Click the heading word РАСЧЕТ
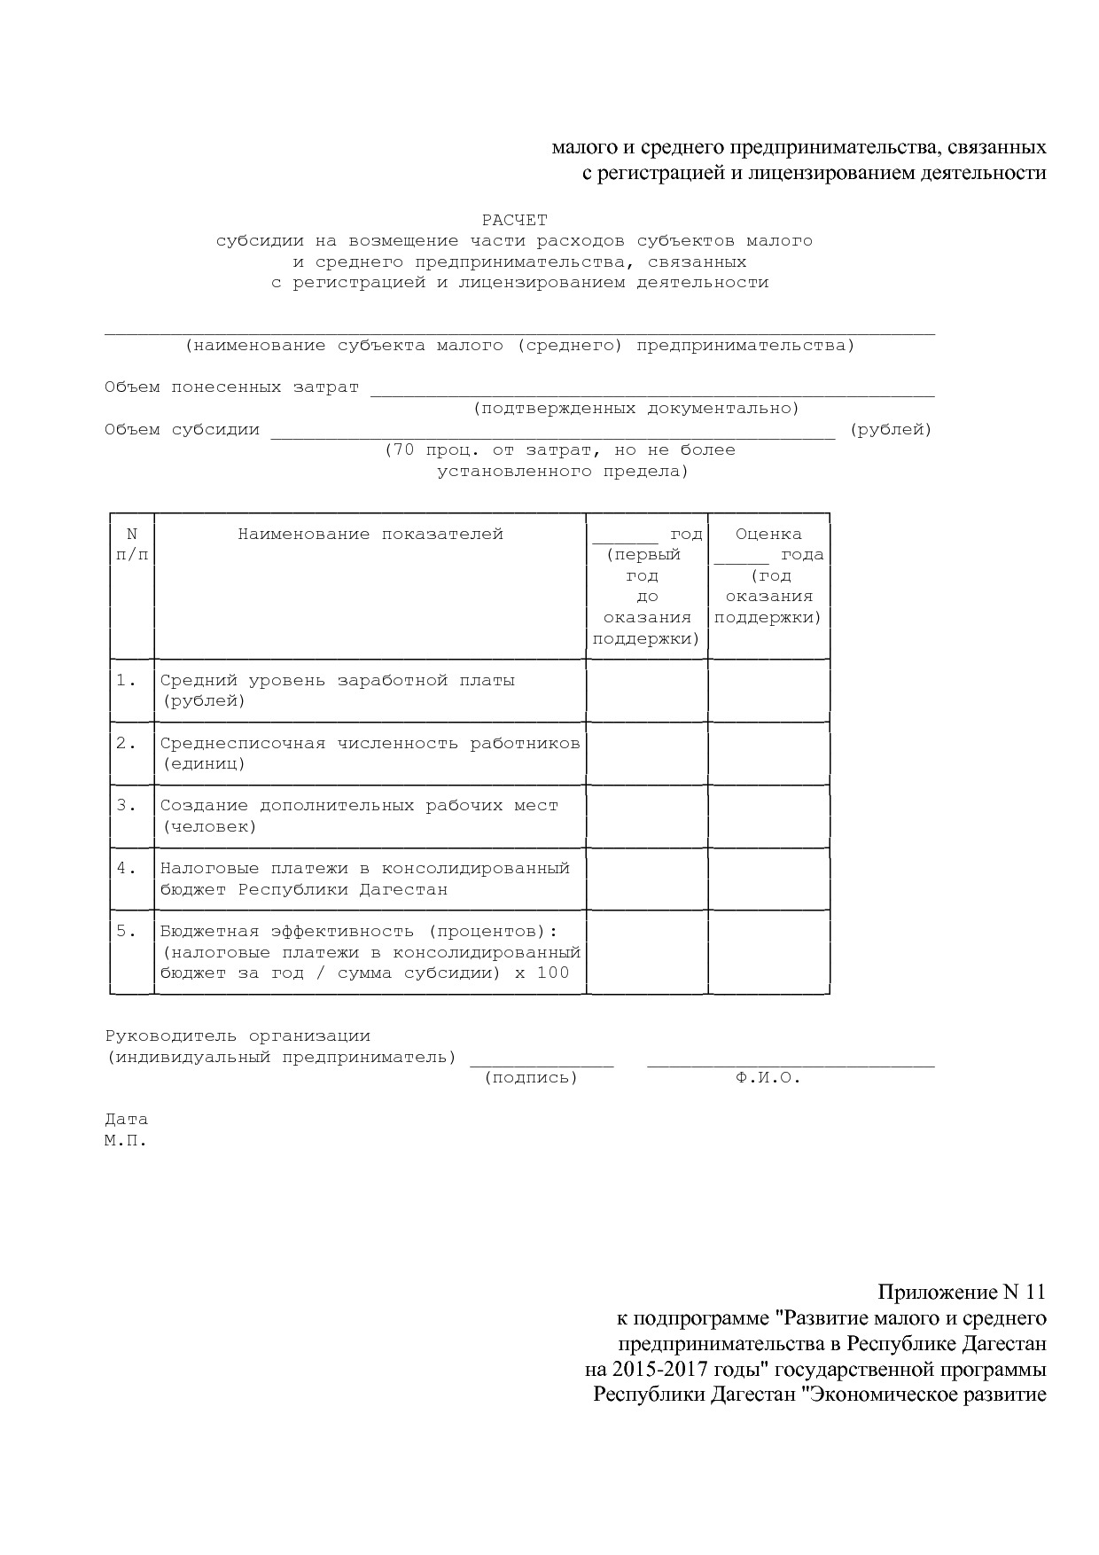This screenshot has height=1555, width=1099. point(514,220)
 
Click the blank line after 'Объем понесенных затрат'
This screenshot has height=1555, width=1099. point(652,393)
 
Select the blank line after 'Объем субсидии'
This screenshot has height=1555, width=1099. point(552,434)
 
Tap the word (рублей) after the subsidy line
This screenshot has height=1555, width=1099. point(891,430)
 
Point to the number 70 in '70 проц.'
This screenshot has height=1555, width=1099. point(403,450)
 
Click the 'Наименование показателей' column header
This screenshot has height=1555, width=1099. point(370,535)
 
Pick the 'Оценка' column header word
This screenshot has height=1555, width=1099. point(768,535)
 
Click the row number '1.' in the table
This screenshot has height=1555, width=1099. point(127,681)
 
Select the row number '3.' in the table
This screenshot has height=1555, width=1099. point(127,806)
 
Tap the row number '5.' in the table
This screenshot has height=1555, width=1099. point(127,931)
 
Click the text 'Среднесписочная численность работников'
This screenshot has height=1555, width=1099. point(370,744)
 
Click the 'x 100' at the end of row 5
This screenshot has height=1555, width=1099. point(542,973)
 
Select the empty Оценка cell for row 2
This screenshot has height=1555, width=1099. point(768,754)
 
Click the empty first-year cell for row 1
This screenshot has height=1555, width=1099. point(647,691)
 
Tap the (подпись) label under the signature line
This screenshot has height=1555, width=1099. point(531,1078)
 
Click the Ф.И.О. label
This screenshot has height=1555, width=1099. point(768,1078)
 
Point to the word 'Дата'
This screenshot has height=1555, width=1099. point(126,1120)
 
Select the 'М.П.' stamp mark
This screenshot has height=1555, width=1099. point(125,1141)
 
